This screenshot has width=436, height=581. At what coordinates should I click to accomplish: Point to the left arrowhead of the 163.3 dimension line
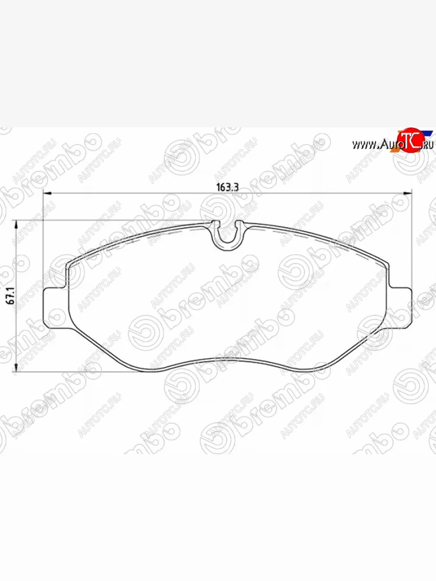47,194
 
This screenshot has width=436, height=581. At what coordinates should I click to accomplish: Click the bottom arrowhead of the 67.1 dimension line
17,369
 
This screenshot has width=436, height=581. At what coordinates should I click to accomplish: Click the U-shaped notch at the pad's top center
228,235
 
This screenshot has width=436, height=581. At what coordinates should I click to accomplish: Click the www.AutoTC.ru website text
392,144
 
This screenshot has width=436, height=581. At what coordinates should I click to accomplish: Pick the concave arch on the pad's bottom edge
228,359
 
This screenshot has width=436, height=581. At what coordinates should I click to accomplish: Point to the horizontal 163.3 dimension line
145,194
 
